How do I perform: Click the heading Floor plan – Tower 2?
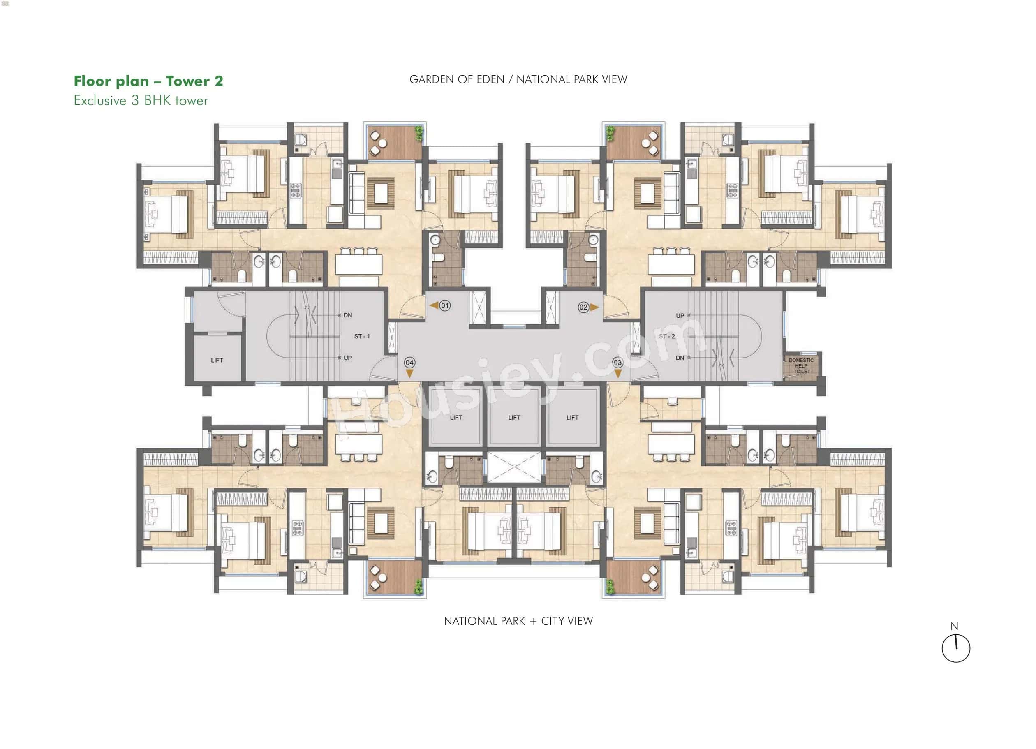pyautogui.click(x=148, y=81)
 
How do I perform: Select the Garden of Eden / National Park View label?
pyautogui.click(x=518, y=79)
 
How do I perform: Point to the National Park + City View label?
pyautogui.click(x=518, y=621)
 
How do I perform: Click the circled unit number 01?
pyautogui.click(x=445, y=305)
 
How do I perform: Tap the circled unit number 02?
pyautogui.click(x=583, y=307)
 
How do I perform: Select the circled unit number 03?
pyautogui.click(x=617, y=363)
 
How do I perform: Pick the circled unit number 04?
pyautogui.click(x=409, y=363)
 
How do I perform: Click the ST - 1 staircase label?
pyautogui.click(x=362, y=336)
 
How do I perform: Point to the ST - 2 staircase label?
pyautogui.click(x=667, y=336)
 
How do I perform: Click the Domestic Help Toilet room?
pyautogui.click(x=801, y=366)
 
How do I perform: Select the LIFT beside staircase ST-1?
pyautogui.click(x=217, y=360)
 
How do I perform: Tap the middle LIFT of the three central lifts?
pyautogui.click(x=514, y=417)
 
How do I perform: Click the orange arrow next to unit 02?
pyautogui.click(x=594, y=307)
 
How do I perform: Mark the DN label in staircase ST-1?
pyautogui.click(x=348, y=315)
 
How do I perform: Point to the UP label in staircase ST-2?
pyautogui.click(x=680, y=316)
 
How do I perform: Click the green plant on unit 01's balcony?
pyautogui.click(x=419, y=133)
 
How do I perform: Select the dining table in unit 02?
pyautogui.click(x=671, y=264)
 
